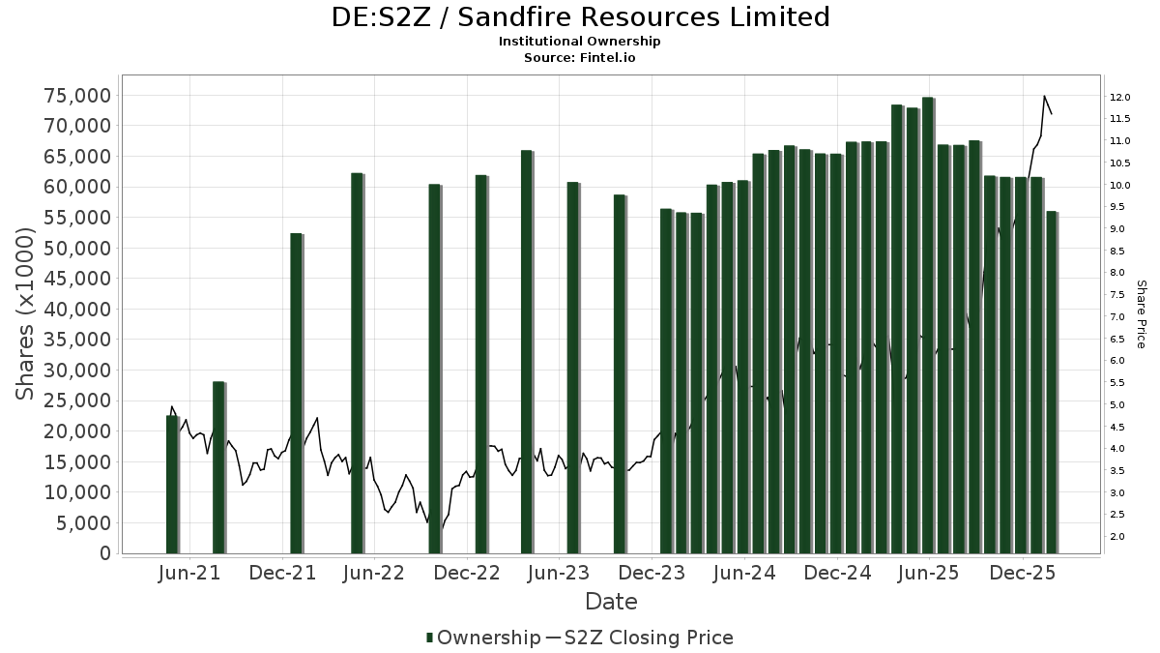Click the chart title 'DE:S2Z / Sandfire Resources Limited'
[579, 17]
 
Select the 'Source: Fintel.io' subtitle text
[579, 58]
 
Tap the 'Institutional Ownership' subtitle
[579, 42]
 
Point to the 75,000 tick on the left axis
[77, 95]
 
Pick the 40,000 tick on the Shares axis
[77, 309]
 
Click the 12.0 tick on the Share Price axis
[1121, 97]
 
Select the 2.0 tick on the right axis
[1118, 536]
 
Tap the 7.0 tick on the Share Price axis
[1118, 316]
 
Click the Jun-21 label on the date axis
[188, 573]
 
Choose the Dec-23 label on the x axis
[652, 573]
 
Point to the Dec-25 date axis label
[1022, 573]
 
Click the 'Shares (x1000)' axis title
[25, 314]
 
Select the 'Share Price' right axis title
[1141, 314]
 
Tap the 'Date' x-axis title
[611, 602]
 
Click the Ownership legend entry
[483, 638]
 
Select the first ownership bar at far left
[172, 484]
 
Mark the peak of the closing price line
[1044, 96]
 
